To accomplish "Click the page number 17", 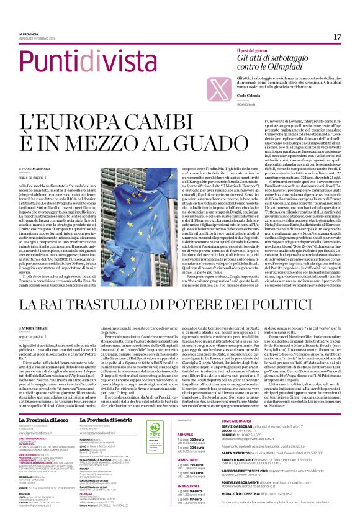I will (337, 37).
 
